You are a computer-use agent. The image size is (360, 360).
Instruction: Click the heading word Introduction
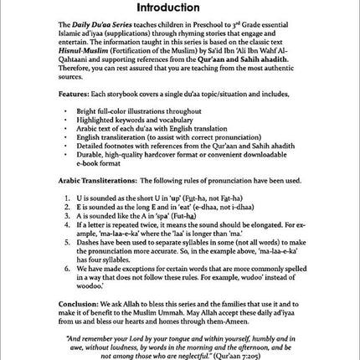pyautogui.click(x=180, y=8)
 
